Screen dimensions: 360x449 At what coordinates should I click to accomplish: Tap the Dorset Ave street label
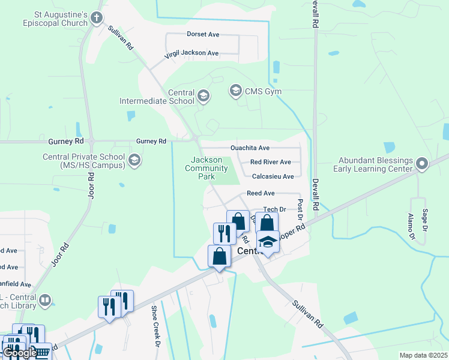[x=203, y=35]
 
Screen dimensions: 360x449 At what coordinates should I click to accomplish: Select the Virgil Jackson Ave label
[x=192, y=53]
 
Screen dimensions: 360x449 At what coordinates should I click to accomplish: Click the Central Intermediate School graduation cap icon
[x=203, y=96]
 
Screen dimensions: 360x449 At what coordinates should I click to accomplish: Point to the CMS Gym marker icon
[x=235, y=91]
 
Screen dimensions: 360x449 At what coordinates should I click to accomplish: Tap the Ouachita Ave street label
[x=250, y=148]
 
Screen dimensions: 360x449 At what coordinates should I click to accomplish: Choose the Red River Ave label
[x=270, y=162]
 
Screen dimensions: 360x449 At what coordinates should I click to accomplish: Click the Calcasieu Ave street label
[x=273, y=176]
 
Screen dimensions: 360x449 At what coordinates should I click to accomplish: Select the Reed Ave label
[x=261, y=193]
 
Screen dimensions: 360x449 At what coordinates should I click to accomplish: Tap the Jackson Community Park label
[x=207, y=168]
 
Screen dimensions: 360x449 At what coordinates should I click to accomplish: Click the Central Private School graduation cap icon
[x=134, y=160]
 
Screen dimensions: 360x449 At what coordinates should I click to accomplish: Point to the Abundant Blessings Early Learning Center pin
[x=422, y=163]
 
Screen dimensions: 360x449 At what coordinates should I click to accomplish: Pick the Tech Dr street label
[x=274, y=209]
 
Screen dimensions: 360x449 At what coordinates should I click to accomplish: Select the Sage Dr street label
[x=425, y=220]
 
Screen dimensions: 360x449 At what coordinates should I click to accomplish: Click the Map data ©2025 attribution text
[x=424, y=355]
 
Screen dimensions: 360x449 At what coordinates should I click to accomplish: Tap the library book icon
[x=44, y=299]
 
